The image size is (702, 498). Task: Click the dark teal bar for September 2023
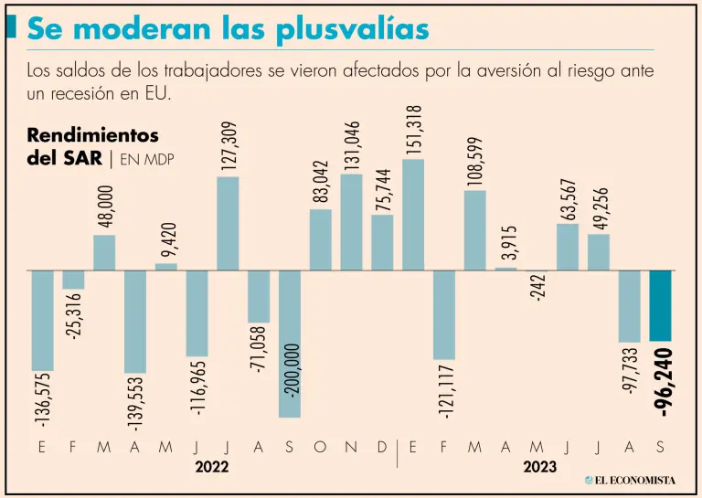pos(661,305)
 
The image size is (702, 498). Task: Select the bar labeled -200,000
pos(290,344)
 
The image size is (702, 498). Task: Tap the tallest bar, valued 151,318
pos(413,215)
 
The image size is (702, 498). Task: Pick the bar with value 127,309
pos(228,223)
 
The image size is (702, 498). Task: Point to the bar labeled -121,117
pos(444,314)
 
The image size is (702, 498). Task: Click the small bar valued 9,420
pos(166,267)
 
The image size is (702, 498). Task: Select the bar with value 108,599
pos(475,230)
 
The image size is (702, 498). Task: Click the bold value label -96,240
pos(665,383)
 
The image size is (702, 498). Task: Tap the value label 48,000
pos(104,206)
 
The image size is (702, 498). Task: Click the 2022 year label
pos(212,467)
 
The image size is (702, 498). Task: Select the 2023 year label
pos(539,467)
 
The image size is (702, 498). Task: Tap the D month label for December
pos(383,448)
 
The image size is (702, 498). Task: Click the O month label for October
pos(321,448)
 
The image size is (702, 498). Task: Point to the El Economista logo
pos(630,480)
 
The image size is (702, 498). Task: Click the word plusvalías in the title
pos(353,29)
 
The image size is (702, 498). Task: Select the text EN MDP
pos(147,158)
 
